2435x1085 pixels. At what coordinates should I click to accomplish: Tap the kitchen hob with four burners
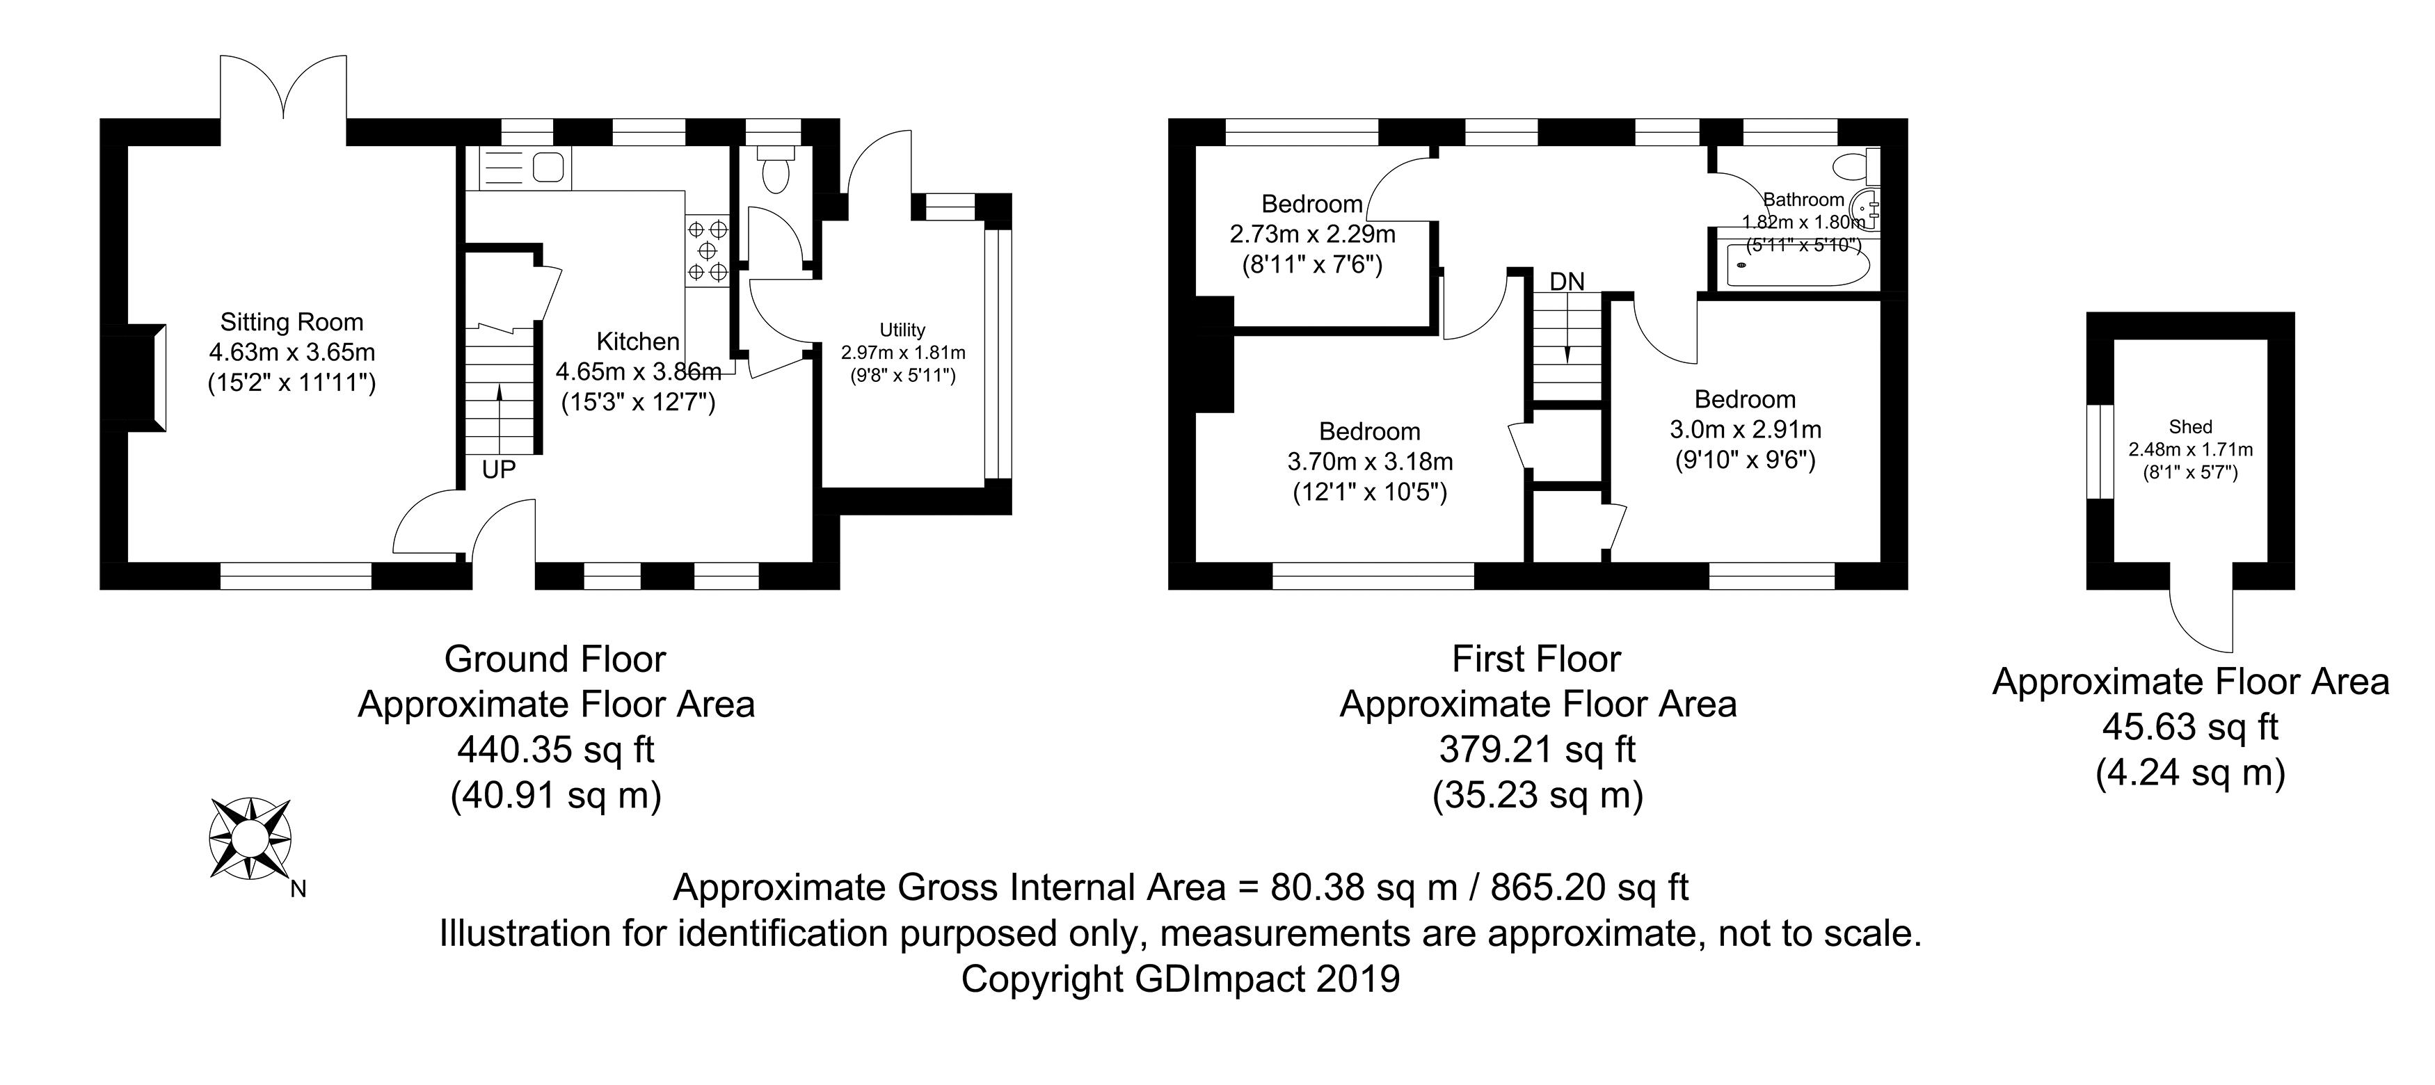click(x=707, y=250)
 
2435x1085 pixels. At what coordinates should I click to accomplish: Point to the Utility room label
click(x=902, y=330)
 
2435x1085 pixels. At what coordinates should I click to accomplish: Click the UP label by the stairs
click(x=498, y=469)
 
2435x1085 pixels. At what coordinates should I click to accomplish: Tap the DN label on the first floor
click(x=1567, y=281)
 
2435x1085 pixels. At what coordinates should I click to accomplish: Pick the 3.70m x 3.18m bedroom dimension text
click(x=1370, y=462)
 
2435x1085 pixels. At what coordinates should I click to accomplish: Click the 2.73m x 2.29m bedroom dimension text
click(x=1312, y=234)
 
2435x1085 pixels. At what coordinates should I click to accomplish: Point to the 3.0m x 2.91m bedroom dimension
click(x=1745, y=430)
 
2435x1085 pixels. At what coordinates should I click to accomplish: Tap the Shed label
click(x=2190, y=427)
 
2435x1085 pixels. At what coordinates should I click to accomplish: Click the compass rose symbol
click(x=250, y=838)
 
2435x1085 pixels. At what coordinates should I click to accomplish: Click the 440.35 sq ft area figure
click(x=556, y=750)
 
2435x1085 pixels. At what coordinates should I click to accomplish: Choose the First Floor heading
click(x=1536, y=659)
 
